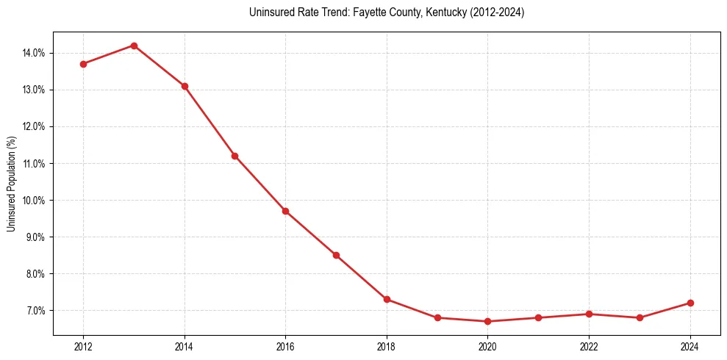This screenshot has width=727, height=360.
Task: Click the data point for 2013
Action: [x=134, y=46]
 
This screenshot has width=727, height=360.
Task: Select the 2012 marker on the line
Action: [x=83, y=64]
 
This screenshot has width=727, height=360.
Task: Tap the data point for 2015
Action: [x=234, y=156]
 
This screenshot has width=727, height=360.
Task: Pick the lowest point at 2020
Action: [x=488, y=321]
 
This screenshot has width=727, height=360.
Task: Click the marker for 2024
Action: [x=690, y=303]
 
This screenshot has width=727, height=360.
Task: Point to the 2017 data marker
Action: [x=336, y=255]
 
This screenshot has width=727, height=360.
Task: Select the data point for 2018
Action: [x=387, y=299]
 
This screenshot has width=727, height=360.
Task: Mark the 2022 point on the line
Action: [x=589, y=314]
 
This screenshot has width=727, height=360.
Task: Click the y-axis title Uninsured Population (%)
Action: [x=11, y=184]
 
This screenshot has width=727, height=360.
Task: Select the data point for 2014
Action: [x=185, y=86]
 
